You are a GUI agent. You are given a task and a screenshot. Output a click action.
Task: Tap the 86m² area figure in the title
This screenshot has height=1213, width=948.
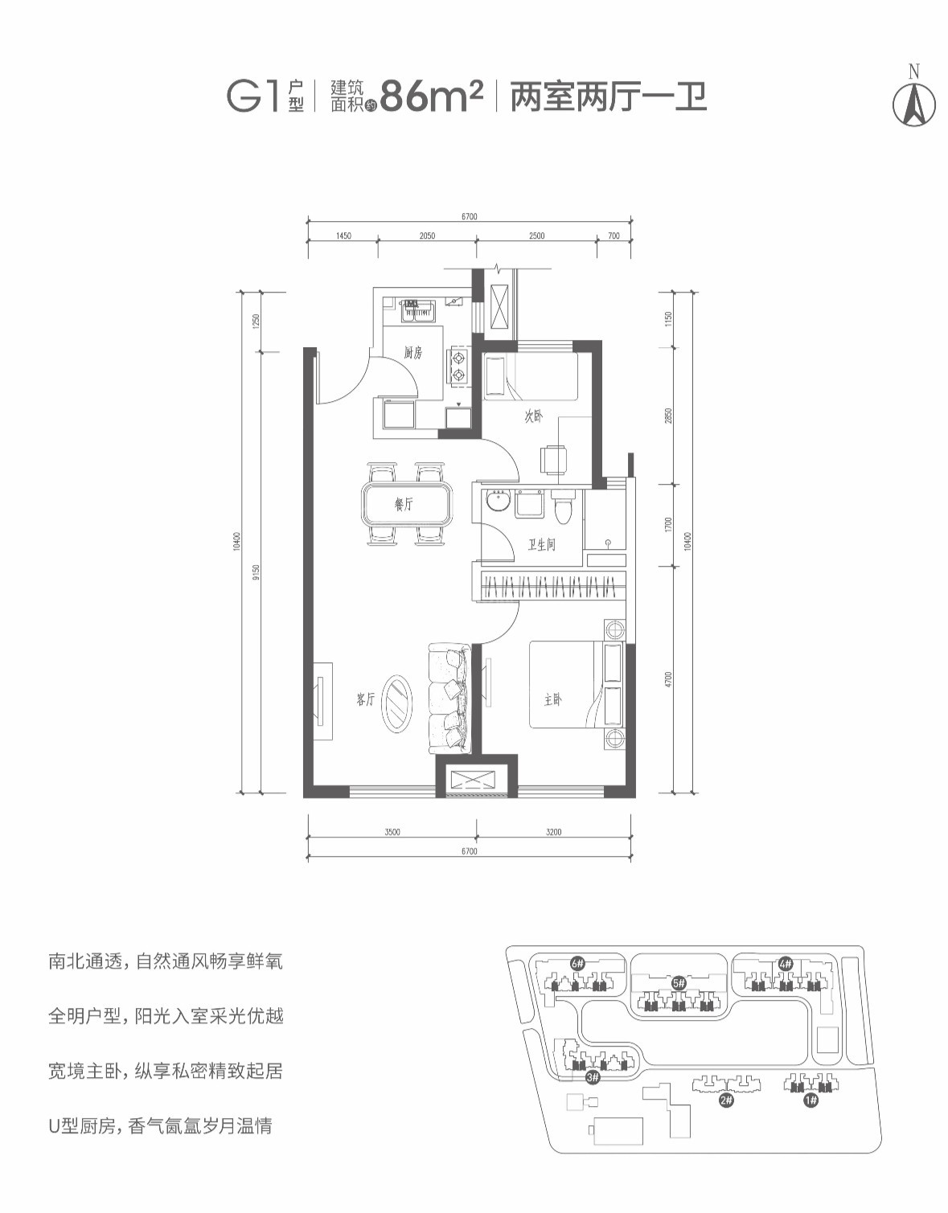pos(431,96)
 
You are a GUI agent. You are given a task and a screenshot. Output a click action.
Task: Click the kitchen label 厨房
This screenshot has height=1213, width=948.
pos(412,352)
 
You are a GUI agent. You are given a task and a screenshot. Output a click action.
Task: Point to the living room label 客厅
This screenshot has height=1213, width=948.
pos(365,699)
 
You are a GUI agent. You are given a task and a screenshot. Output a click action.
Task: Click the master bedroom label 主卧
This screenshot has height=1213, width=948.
pos(552,700)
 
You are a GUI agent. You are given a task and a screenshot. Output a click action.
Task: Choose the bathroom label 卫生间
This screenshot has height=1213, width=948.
pos(541,545)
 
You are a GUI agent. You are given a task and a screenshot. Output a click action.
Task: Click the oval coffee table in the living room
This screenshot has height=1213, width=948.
pos(398,703)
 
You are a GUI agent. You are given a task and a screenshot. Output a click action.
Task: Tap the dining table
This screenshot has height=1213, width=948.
pos(408,504)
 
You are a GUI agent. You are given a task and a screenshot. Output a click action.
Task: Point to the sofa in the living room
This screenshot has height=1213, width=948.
pos(448,698)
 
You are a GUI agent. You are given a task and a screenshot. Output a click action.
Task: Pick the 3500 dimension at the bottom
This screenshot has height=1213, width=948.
pos(392,832)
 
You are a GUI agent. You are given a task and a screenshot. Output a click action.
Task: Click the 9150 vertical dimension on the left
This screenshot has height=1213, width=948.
pos(256,572)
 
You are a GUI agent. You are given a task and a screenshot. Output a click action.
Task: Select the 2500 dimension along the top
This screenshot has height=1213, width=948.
pos(536,236)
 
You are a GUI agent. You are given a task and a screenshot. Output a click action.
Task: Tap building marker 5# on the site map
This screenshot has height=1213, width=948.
pos(678,982)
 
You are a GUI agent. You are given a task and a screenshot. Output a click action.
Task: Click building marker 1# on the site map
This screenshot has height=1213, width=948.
pos(810,1100)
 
